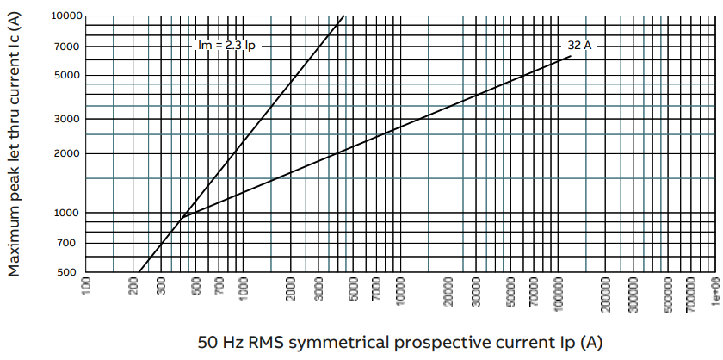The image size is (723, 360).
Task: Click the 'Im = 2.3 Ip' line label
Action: (226, 46)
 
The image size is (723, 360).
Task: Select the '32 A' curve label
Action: (578, 46)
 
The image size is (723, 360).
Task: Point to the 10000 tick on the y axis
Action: (65, 16)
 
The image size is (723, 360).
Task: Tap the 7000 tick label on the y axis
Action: (68, 46)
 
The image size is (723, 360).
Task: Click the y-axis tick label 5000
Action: (68, 75)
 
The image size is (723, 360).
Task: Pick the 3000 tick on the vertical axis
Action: (68, 119)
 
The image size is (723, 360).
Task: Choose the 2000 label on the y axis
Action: (68, 153)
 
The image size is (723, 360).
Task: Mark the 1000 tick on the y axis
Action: (68, 213)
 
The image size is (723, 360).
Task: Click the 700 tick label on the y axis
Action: (71, 243)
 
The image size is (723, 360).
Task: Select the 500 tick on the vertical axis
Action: (71, 272)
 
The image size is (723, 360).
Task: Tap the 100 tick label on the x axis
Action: (86, 288)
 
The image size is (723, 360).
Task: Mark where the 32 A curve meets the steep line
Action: (182, 218)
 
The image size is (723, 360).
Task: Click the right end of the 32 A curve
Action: (571, 57)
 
